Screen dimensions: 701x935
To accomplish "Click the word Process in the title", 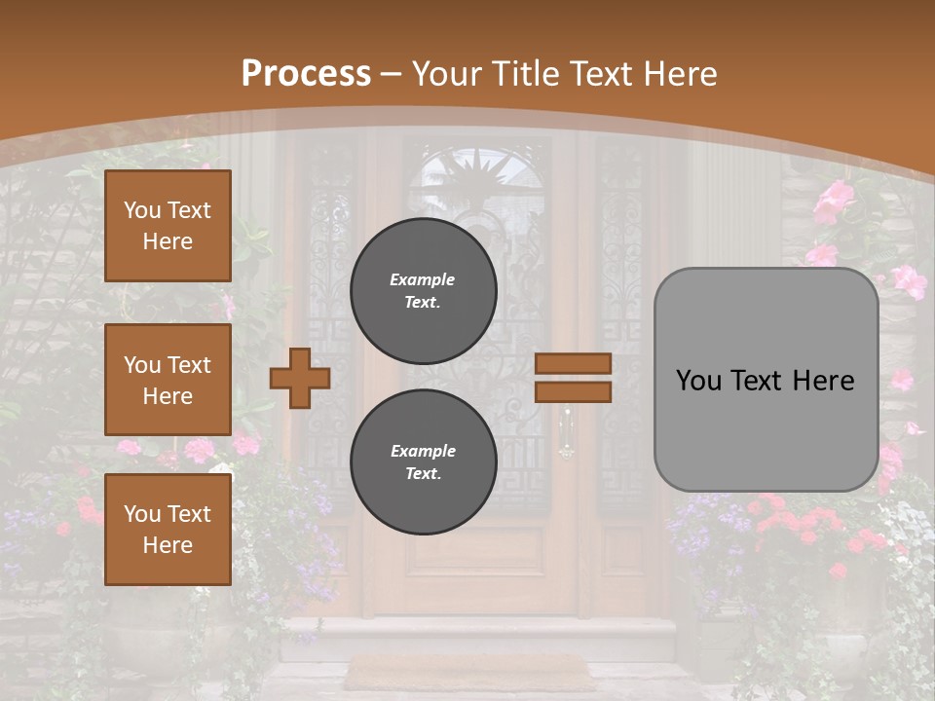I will click(x=306, y=74).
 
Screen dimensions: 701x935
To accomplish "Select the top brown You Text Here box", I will click(x=168, y=226).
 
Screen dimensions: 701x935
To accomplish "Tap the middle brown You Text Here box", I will click(x=168, y=380).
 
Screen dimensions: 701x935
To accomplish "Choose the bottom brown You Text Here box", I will click(x=168, y=530).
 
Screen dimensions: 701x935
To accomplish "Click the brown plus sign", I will click(x=300, y=378).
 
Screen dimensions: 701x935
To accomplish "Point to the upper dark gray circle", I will click(x=424, y=290).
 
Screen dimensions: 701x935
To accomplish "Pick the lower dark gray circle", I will click(x=424, y=461).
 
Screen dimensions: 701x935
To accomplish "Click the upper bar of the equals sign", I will click(x=573, y=363).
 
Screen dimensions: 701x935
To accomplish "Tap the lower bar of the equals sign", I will click(x=573, y=391).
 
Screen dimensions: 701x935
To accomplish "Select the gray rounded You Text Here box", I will click(x=766, y=380).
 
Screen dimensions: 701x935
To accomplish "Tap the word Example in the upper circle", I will click(x=423, y=279).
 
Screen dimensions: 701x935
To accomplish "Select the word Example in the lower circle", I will click(x=423, y=451).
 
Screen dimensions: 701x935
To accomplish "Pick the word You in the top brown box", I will click(x=142, y=210).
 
